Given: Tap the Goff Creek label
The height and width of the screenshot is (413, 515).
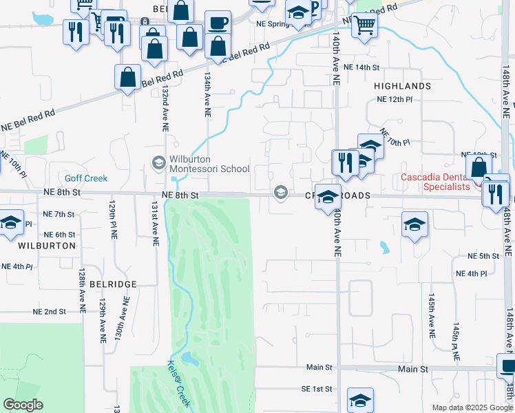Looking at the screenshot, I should [87, 178].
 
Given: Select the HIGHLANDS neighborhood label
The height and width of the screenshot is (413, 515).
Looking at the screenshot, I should [402, 86].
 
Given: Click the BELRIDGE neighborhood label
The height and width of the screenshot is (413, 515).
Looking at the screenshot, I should [107, 284].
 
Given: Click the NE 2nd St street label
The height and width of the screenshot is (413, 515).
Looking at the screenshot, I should [50, 312].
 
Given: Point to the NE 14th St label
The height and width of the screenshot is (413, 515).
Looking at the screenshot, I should [361, 67].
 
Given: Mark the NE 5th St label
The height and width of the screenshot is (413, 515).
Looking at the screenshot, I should [482, 256].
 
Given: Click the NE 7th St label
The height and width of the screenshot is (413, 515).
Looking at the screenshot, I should [59, 214].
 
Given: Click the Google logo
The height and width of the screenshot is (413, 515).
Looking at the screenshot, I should [23, 404].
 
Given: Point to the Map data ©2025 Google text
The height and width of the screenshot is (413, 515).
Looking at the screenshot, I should [472, 407].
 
